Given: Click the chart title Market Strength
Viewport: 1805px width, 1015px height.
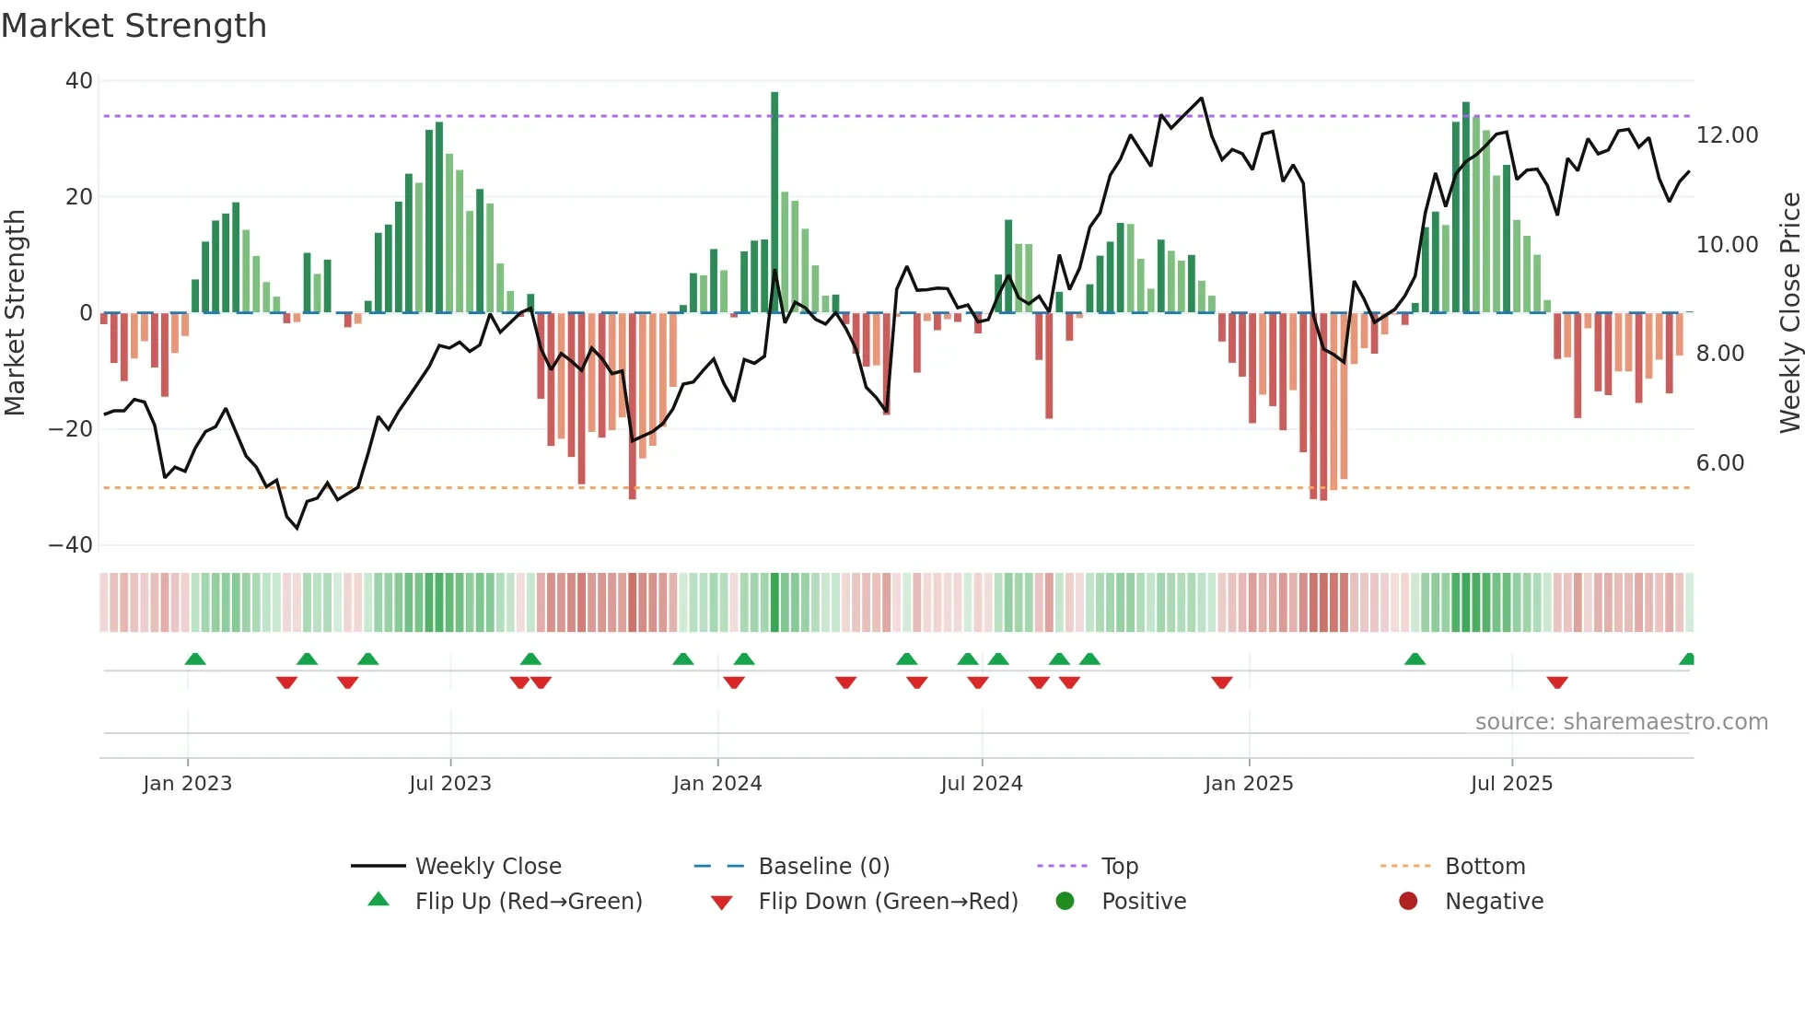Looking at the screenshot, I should coord(134,26).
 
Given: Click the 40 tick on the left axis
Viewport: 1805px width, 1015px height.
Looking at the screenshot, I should coord(79,81).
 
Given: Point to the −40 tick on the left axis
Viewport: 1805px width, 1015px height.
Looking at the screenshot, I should coord(72,545).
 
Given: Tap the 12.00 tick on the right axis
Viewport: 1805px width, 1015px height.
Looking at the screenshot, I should coord(1727,135).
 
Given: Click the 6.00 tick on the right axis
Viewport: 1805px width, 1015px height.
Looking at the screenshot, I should coord(1719,463).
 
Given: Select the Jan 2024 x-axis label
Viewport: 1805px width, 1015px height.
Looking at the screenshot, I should coord(717,784).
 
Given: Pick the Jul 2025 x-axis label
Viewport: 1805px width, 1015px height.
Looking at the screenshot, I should coord(1511,784).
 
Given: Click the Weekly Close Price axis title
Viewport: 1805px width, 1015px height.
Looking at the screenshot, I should coord(1789,312).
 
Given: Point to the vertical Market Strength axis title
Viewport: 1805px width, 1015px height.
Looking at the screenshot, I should coord(16,312).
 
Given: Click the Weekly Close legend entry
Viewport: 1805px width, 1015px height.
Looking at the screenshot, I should coord(487,867).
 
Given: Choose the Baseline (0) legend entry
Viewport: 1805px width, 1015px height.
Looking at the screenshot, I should coord(823,867).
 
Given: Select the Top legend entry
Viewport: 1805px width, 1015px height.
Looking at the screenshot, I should coord(1120,867).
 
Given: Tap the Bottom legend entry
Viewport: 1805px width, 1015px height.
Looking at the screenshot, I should coord(1485,867).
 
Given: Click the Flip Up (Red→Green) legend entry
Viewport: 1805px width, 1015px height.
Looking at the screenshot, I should coord(528,902).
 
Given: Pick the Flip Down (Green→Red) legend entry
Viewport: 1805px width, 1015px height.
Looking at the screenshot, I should coord(888,902).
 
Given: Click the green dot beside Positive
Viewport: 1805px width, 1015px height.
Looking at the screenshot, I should coord(1066,902).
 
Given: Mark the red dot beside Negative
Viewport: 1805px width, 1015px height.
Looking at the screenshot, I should coord(1408,902).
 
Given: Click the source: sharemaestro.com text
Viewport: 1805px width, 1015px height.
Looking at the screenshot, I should coord(1621,722).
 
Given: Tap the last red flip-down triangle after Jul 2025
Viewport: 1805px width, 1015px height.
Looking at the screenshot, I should coord(1557,682).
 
